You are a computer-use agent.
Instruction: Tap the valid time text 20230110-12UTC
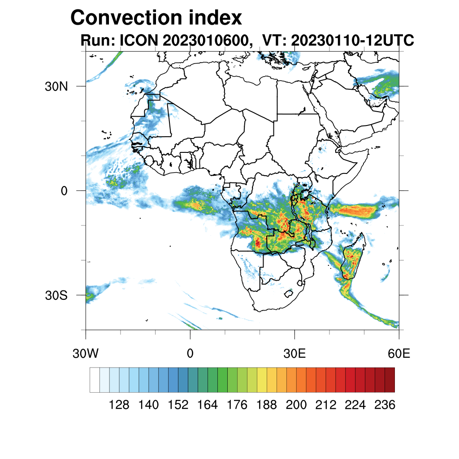[352, 40]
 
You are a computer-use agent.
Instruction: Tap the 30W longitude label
[85, 354]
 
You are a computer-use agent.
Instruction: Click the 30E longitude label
[294, 354]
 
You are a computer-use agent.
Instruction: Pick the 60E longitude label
[399, 354]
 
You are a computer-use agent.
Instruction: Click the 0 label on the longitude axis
[190, 354]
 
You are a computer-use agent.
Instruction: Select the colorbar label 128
[119, 405]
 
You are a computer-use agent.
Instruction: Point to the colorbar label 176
[237, 405]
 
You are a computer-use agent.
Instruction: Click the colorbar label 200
[296, 405]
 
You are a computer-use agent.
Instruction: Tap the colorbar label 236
[385, 405]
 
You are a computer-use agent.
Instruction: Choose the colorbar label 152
[178, 405]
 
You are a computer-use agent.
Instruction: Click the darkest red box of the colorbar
[390, 380]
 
